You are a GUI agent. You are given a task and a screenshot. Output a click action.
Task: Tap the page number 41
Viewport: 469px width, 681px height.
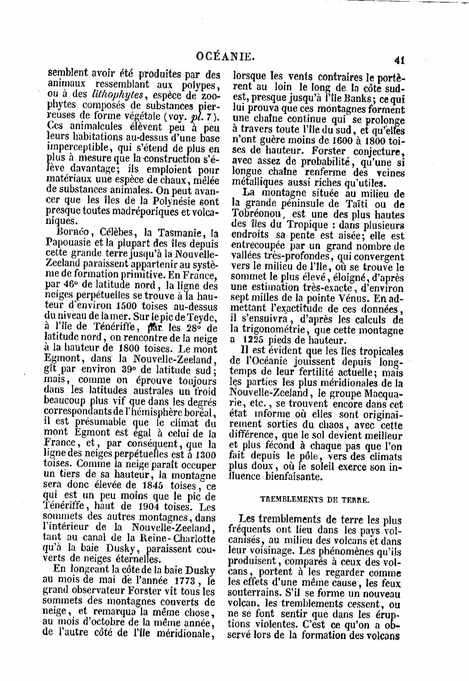(400, 60)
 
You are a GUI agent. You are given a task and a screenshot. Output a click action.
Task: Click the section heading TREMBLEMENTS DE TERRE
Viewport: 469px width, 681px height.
(314, 500)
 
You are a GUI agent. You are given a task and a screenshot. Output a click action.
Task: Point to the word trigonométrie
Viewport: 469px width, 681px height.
(271, 330)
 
